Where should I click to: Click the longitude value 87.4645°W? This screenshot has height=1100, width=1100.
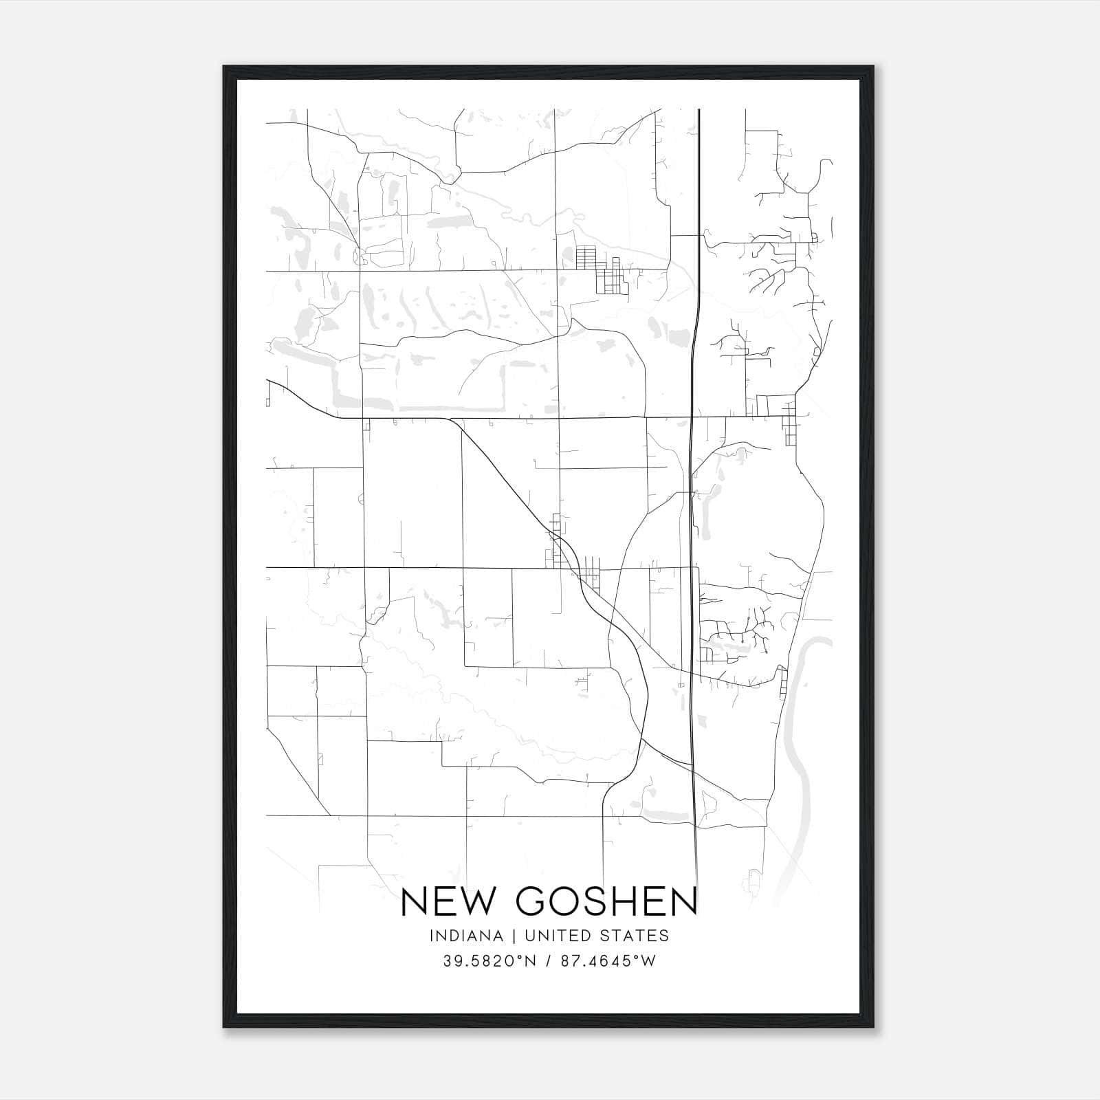(607, 961)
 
